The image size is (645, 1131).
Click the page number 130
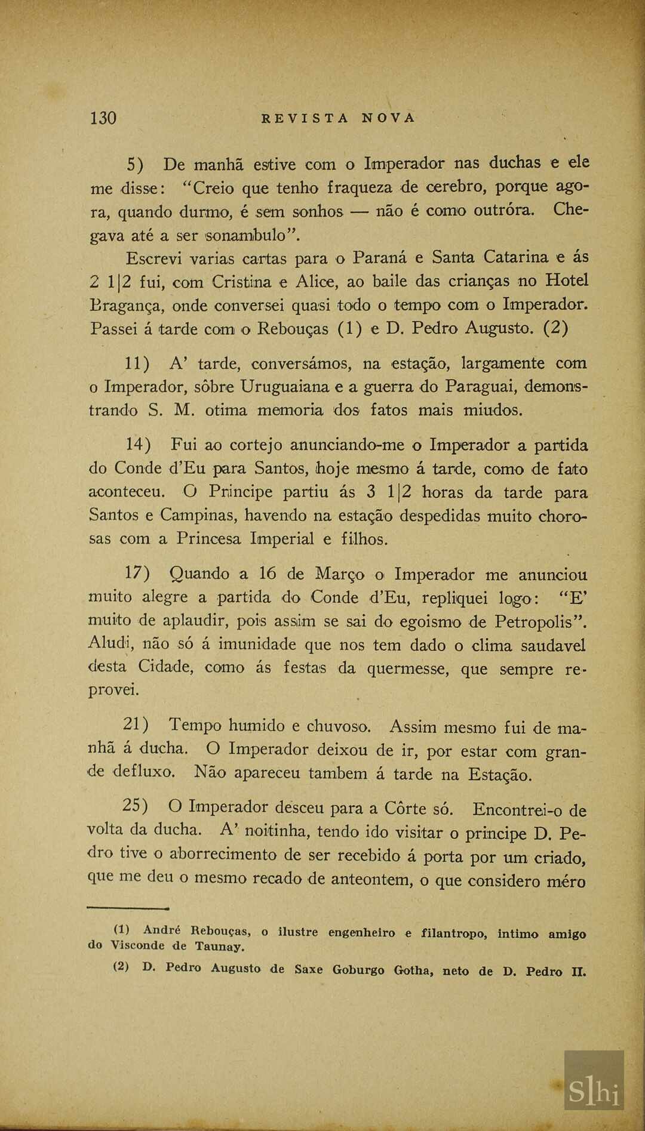(103, 118)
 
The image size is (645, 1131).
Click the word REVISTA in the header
(305, 118)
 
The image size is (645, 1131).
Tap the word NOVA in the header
(388, 118)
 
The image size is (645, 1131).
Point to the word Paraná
(380, 258)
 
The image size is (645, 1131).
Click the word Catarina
(515, 257)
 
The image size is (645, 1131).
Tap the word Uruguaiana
(285, 387)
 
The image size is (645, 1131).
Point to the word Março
(339, 574)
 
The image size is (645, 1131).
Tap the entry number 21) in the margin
(136, 725)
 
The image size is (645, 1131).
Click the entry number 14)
(138, 445)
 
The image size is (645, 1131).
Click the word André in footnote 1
(162, 930)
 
